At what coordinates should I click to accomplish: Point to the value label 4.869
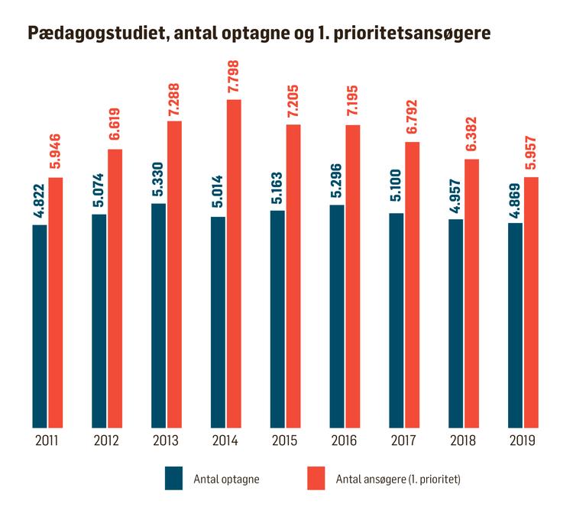515,201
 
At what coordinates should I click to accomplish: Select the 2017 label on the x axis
404,441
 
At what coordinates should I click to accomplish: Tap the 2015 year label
285,441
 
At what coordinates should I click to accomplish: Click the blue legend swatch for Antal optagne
174,479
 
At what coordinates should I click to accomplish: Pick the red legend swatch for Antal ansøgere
316,479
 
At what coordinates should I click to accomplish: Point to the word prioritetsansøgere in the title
404,34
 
